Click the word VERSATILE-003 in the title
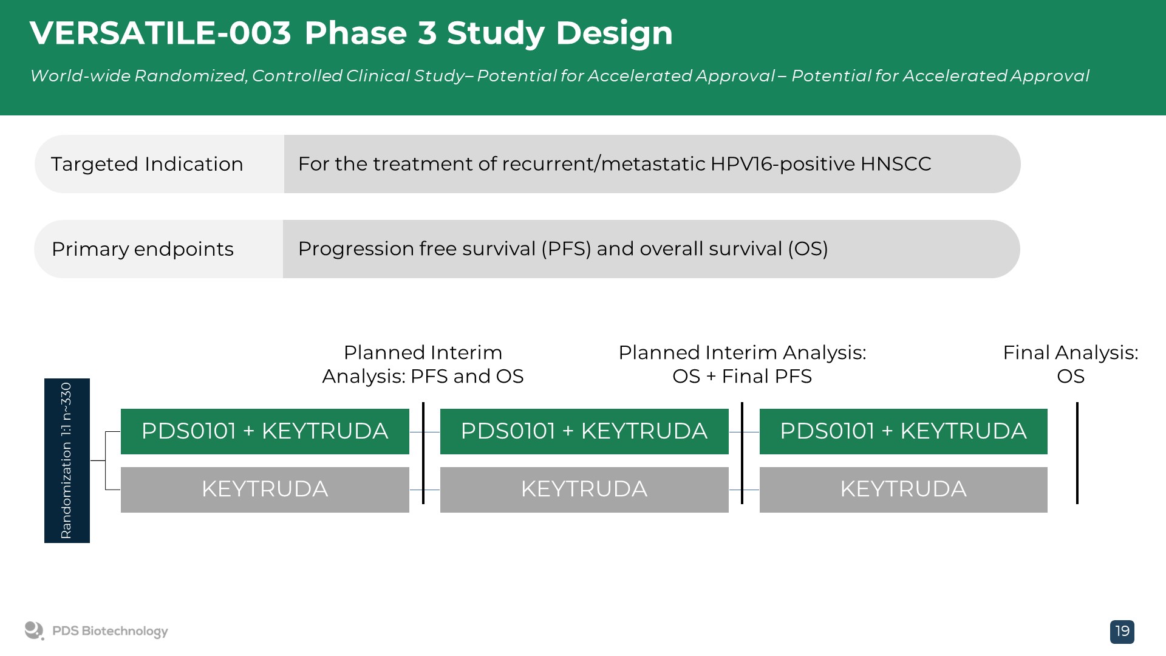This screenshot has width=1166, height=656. (160, 33)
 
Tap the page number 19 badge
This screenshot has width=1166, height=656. (1122, 632)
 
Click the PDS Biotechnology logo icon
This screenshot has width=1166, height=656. (34, 631)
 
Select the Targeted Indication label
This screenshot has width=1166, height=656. (147, 164)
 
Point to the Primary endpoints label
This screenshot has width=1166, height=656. (143, 249)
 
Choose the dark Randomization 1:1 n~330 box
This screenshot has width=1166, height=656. (67, 460)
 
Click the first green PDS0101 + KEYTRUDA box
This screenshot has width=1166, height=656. (265, 431)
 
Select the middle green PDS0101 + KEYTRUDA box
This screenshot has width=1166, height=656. (584, 431)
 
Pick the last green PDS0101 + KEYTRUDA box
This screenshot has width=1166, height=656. (904, 431)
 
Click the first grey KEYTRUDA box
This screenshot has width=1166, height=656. (265, 490)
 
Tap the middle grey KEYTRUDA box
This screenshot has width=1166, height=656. (584, 490)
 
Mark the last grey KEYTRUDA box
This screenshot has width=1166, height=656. (904, 490)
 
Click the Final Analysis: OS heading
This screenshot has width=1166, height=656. (1071, 364)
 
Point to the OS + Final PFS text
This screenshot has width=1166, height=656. (742, 377)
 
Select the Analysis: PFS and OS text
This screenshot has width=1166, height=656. (423, 377)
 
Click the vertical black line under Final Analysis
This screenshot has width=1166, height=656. (1077, 453)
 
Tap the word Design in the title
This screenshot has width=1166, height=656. (615, 33)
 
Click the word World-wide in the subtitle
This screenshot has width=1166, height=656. (80, 76)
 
